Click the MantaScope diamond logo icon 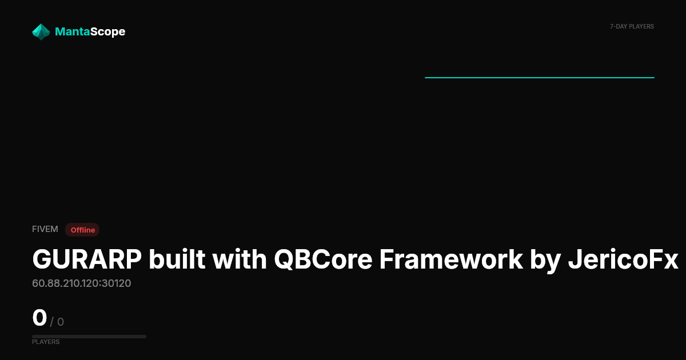point(41,32)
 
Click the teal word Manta point(72,31)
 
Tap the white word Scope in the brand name point(108,32)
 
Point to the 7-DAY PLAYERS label point(632,27)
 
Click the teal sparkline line point(540,78)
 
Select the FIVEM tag point(45,229)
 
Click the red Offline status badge point(82,230)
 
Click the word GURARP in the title point(87,259)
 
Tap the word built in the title point(177,259)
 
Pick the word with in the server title point(240,259)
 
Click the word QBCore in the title point(323,259)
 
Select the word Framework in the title point(451,259)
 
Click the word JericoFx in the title point(623,259)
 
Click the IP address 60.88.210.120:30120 point(81,283)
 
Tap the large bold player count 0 point(39,318)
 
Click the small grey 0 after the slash point(61,322)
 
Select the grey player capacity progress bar point(89,337)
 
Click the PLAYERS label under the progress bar point(46,342)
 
